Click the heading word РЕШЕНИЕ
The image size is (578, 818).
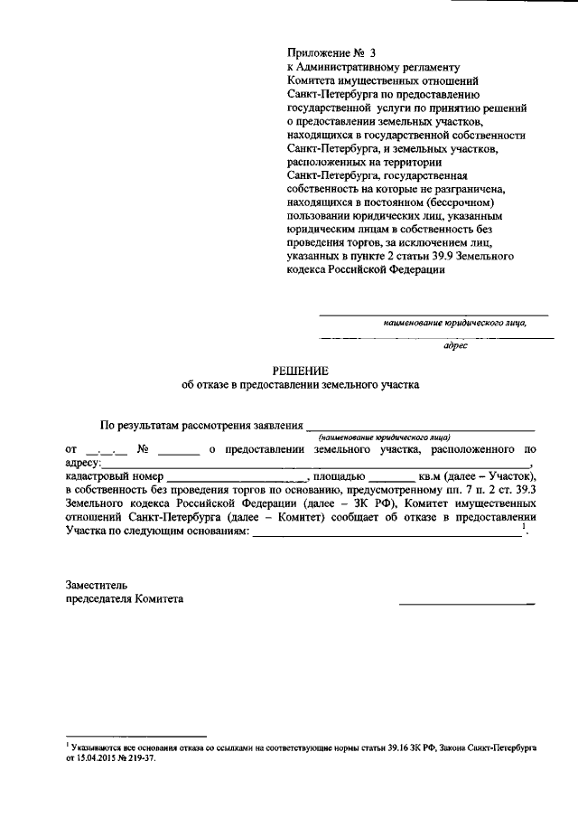point(301,369)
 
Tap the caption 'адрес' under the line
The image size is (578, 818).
point(455,346)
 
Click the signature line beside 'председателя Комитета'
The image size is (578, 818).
point(467,603)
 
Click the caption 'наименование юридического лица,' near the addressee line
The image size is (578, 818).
point(453,321)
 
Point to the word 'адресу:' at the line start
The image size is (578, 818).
point(85,462)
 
